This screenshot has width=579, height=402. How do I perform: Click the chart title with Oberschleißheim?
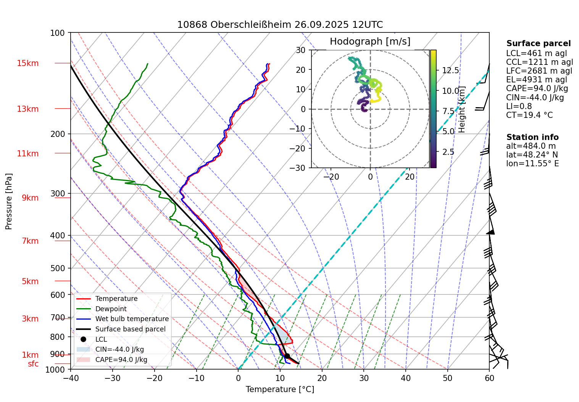[x=280, y=25]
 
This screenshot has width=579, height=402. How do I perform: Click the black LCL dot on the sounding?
[x=287, y=356]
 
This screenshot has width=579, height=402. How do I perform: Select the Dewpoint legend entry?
[x=111, y=309]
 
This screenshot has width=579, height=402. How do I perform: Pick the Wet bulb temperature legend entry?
[x=132, y=319]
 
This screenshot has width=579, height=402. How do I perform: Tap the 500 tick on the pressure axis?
[x=58, y=268]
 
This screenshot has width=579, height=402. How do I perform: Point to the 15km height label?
[x=27, y=63]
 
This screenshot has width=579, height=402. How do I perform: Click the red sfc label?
[x=33, y=364]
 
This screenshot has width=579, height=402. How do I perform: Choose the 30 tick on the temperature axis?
[x=364, y=378]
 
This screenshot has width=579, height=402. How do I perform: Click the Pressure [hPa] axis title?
[x=9, y=201]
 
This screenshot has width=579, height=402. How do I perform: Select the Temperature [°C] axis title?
[x=280, y=389]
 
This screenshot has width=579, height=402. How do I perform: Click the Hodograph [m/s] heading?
[x=370, y=42]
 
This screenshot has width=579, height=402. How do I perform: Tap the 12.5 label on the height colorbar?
[x=450, y=71]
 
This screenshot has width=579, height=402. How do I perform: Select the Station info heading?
[x=532, y=137]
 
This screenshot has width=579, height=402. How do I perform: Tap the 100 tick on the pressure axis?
[x=58, y=33]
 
